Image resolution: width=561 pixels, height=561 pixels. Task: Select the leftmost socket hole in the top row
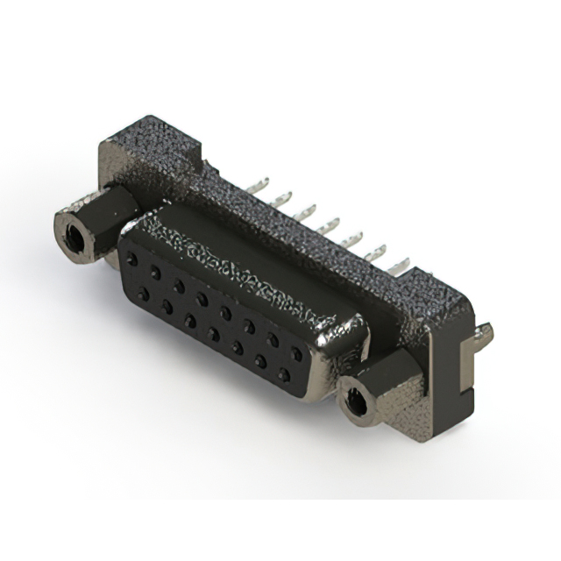pyautogui.click(x=132, y=260)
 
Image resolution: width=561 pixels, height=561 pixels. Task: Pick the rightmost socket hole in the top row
pyautogui.click(x=295, y=355)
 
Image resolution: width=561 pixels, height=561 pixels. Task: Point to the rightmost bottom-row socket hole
pyautogui.click(x=283, y=375)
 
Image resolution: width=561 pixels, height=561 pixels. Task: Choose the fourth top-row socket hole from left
pyautogui.click(x=202, y=300)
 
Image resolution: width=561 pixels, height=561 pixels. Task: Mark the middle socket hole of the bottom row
pyautogui.click(x=213, y=334)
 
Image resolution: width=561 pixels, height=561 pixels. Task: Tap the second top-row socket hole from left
pyautogui.click(x=155, y=273)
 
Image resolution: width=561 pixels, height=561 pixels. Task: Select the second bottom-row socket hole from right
pyautogui.click(x=260, y=361)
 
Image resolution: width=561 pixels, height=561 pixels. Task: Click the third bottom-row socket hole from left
pyautogui.click(x=189, y=321)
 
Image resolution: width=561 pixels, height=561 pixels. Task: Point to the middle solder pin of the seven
pyautogui.click(x=330, y=224)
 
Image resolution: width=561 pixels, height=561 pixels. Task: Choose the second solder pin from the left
pyautogui.click(x=283, y=199)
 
